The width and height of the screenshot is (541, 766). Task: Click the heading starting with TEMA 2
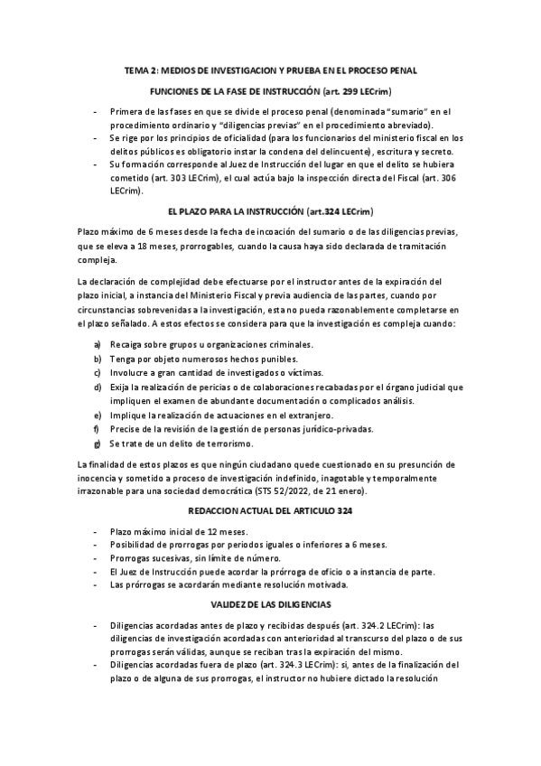(x=270, y=70)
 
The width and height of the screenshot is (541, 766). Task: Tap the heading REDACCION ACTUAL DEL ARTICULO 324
(x=270, y=511)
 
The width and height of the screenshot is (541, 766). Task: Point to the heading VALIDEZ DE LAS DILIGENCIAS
(x=270, y=602)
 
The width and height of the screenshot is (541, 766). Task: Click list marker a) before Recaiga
(x=98, y=345)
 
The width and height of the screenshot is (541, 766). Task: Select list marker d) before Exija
(x=98, y=387)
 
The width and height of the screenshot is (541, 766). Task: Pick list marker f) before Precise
(x=98, y=428)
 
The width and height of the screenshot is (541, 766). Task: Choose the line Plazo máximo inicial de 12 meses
(x=177, y=531)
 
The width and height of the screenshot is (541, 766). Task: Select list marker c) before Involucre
(x=98, y=373)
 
